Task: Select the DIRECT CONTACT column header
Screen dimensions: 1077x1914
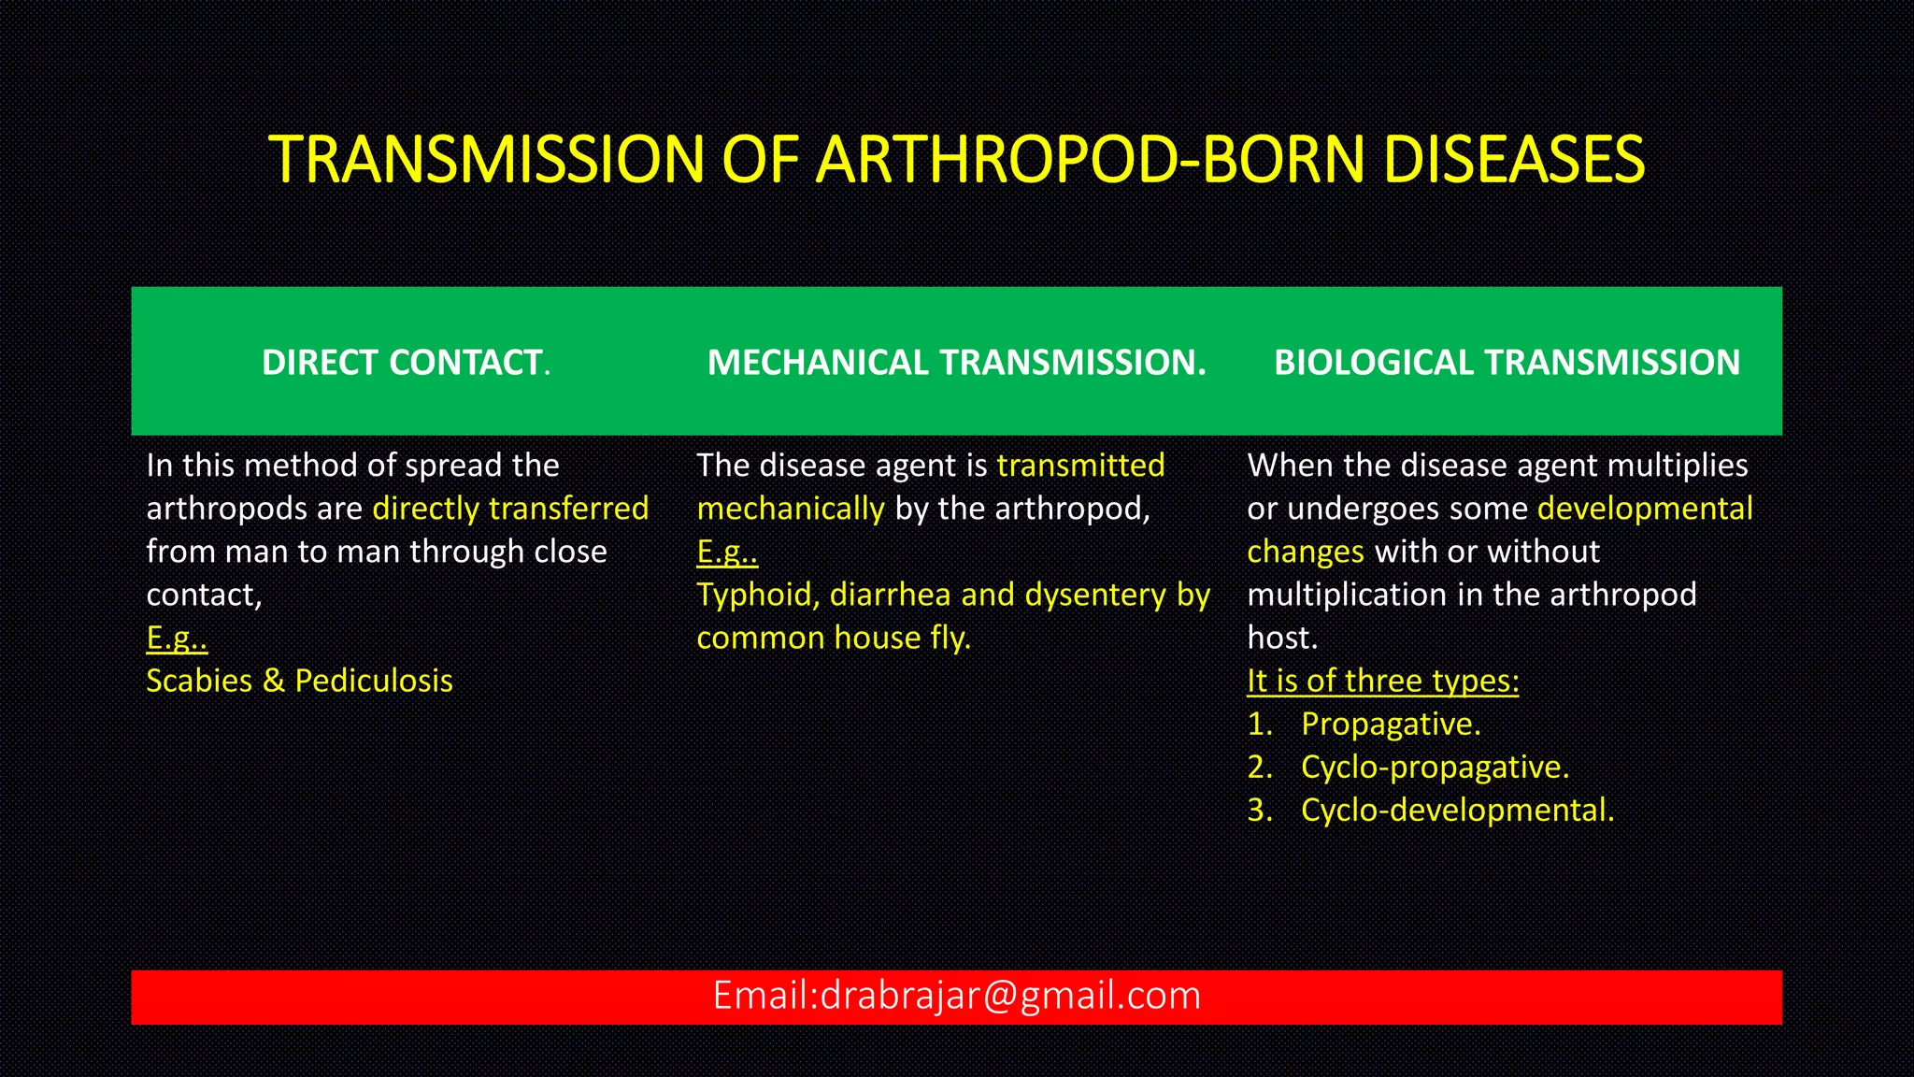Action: (x=406, y=363)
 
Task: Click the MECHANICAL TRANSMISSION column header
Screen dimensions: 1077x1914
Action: (x=956, y=363)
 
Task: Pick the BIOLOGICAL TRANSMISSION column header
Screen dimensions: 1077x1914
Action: (x=1507, y=363)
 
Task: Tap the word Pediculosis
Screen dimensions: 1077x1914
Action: (x=374, y=681)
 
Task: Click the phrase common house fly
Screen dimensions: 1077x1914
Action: (x=834, y=638)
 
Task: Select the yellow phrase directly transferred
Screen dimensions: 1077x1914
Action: (x=510, y=509)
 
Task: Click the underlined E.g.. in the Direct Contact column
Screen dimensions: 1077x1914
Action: (x=177, y=638)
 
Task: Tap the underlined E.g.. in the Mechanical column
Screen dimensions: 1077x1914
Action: (x=727, y=552)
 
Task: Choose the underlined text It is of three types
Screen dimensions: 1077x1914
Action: (x=1382, y=681)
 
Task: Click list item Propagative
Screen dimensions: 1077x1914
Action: (x=1391, y=724)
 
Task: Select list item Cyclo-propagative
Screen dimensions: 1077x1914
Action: (x=1435, y=767)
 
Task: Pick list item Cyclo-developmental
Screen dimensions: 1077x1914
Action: (x=1457, y=810)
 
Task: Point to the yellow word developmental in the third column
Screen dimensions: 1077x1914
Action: (x=1645, y=509)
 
